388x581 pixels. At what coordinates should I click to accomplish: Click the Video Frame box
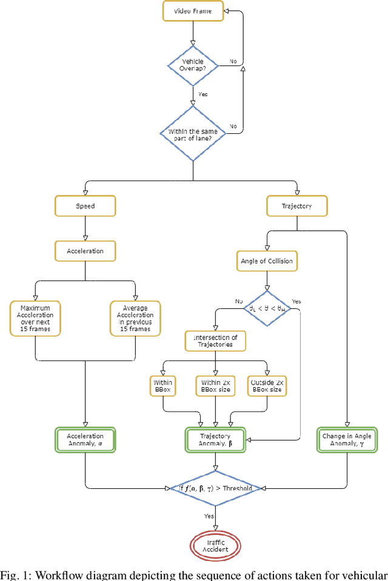point(192,10)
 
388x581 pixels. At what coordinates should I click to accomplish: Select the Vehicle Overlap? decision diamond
point(192,65)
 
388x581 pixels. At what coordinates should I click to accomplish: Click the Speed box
point(85,206)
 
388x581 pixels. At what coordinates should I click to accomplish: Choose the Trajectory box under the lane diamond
point(297,206)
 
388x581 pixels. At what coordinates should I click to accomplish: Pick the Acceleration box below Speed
point(85,250)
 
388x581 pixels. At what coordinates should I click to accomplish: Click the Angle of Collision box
point(267,261)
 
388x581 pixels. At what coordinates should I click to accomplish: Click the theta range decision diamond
point(267,308)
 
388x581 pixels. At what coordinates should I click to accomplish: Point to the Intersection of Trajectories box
point(216,341)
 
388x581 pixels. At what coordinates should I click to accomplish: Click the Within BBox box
point(162,387)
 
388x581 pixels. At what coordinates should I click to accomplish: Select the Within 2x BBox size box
point(216,387)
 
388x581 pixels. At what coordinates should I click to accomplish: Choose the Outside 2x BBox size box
point(267,387)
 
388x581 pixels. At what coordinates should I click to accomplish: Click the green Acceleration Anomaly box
point(85,440)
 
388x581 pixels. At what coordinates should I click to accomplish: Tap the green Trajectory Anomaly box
point(216,440)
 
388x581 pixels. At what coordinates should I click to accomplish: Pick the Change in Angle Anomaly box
point(347,440)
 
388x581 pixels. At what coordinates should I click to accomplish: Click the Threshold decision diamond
point(216,488)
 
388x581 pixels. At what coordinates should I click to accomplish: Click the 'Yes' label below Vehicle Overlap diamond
point(204,95)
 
